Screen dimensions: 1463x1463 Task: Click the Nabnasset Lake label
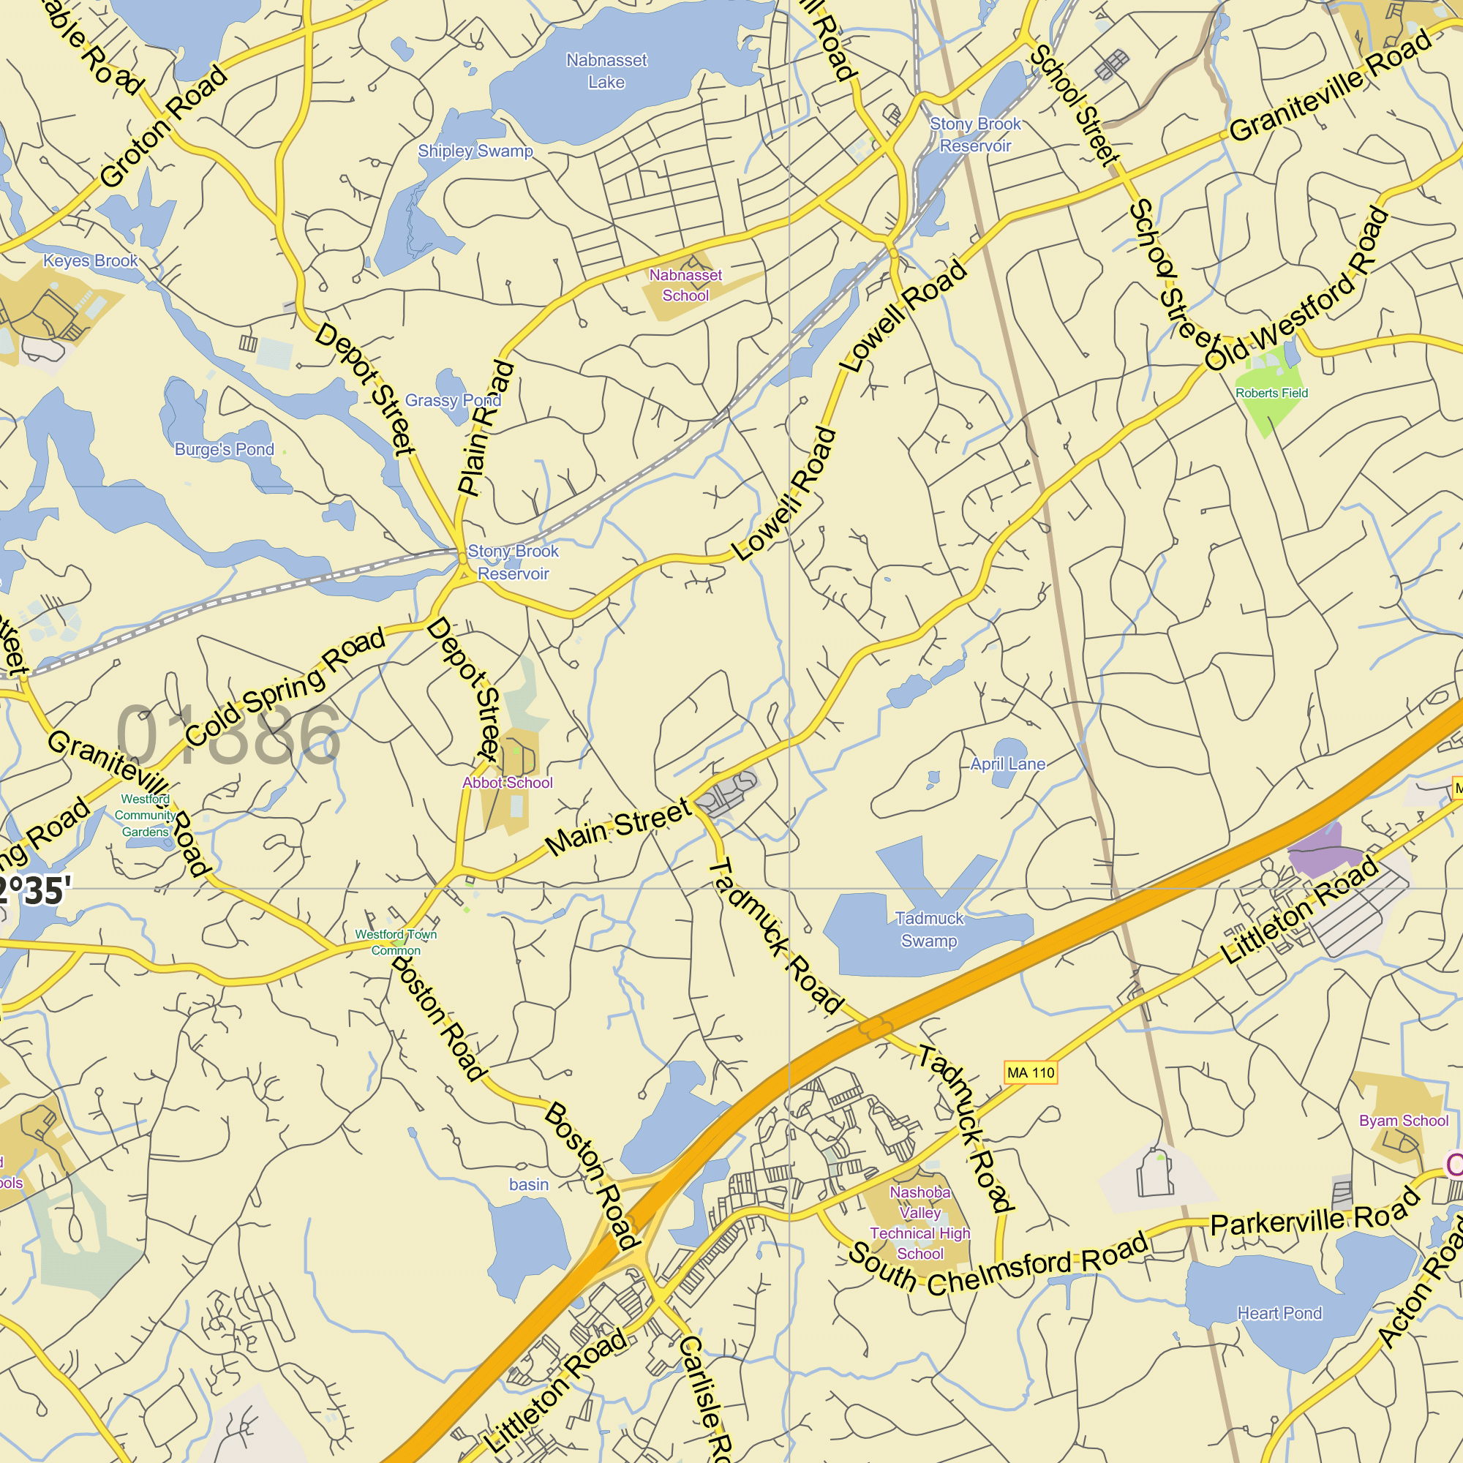pos(606,70)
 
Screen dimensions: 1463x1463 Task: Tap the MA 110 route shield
pos(1030,1073)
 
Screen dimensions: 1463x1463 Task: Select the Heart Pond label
pos(1279,1313)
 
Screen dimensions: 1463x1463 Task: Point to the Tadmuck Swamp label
pos(929,929)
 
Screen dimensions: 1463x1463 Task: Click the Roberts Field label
pos(1271,393)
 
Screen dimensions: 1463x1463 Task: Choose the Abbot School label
pos(508,782)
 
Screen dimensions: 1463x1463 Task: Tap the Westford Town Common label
pos(395,942)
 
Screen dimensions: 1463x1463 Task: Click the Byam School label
pos(1403,1121)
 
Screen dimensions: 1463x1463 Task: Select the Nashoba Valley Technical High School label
pos(919,1222)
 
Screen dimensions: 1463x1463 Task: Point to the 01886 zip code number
pos(228,734)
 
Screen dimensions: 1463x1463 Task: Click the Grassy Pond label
pos(452,400)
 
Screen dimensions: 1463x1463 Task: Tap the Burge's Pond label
pos(224,449)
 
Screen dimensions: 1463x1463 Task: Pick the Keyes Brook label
pos(90,260)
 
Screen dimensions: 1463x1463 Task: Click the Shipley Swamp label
pos(475,151)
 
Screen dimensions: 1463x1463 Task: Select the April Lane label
pos(1008,764)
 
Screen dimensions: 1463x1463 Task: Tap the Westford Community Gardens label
pos(145,816)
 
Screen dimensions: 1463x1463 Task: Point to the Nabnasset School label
pos(685,285)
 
